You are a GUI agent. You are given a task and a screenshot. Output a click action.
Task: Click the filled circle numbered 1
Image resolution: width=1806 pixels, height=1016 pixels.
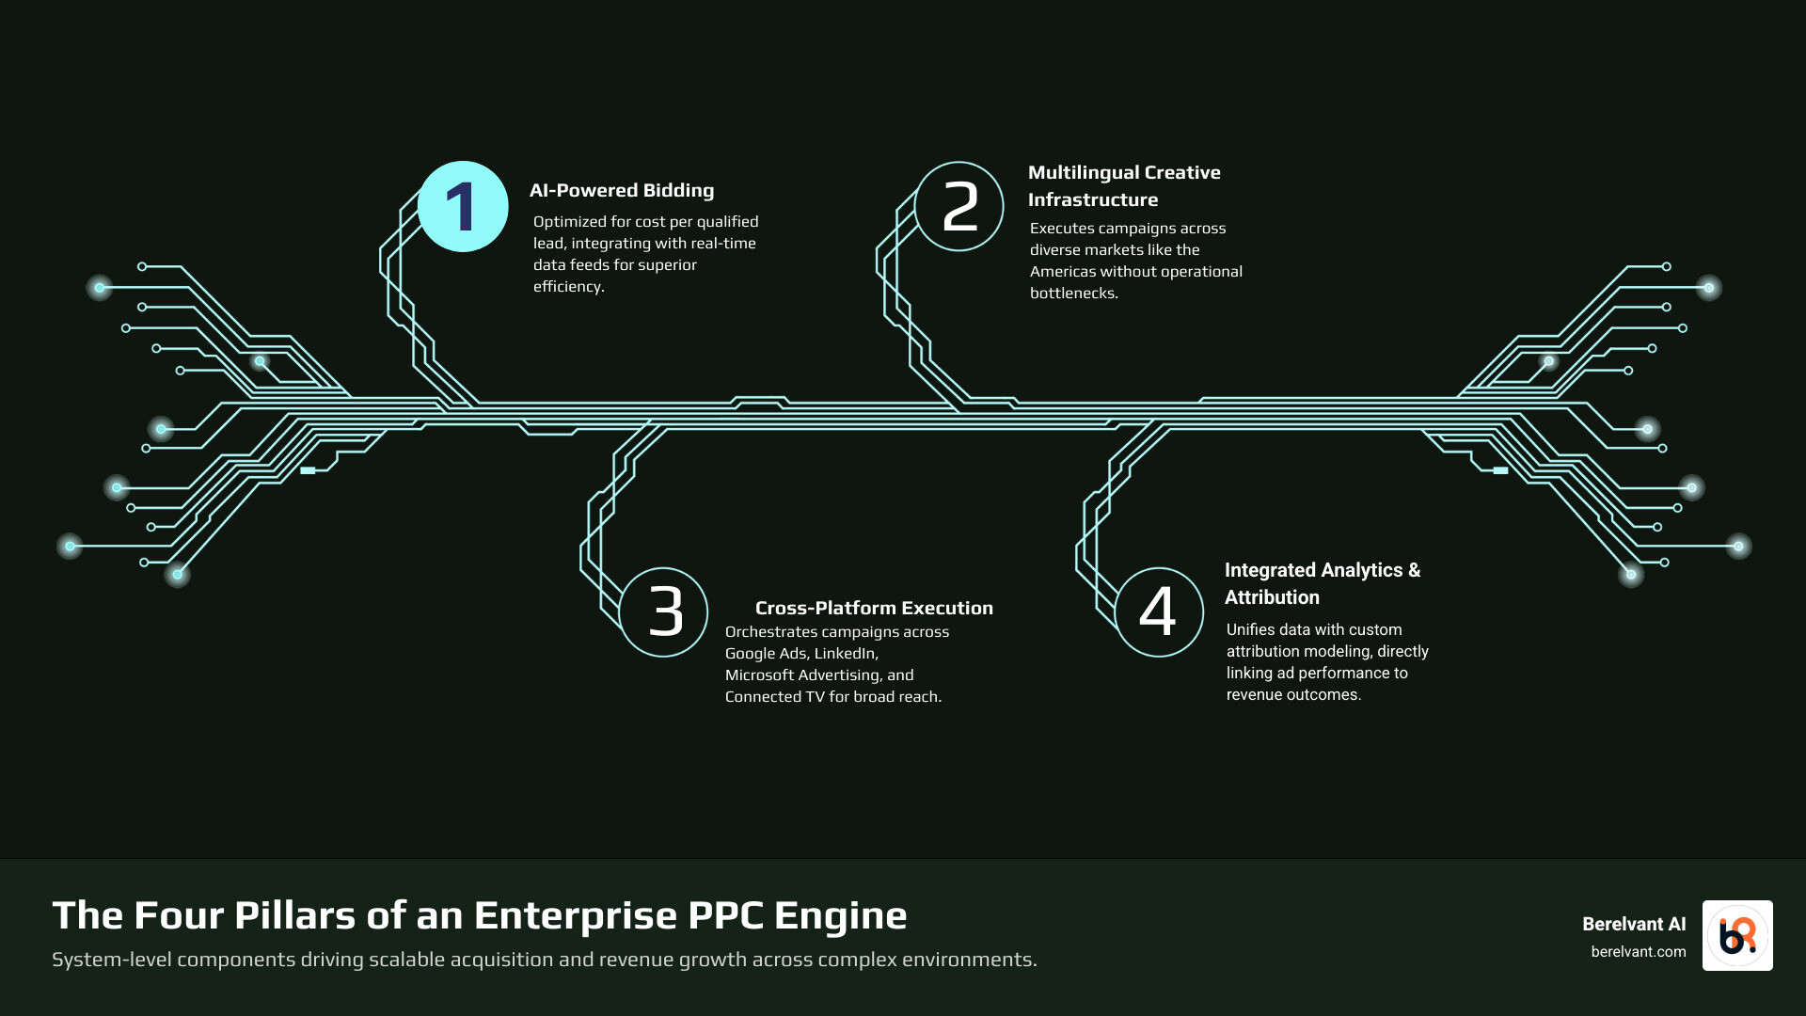point(463,207)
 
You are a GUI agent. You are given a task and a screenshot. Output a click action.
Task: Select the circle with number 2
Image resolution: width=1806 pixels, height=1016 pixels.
point(959,207)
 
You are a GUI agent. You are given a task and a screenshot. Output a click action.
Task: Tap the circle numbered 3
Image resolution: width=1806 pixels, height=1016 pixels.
point(664,612)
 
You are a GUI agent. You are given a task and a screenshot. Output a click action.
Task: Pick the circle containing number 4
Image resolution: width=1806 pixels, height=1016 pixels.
point(1159,612)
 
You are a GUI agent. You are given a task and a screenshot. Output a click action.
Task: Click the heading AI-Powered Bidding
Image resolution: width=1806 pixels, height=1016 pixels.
point(621,191)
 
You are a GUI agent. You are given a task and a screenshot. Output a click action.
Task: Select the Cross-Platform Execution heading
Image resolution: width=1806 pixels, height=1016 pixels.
point(873,609)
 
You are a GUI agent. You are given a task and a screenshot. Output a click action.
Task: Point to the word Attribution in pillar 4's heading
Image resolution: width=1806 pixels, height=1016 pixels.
point(1272,598)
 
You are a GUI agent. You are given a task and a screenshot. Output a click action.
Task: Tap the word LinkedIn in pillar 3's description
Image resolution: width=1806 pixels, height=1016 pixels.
point(845,654)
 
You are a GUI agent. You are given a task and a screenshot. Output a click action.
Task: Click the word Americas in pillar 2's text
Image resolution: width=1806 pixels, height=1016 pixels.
point(1067,272)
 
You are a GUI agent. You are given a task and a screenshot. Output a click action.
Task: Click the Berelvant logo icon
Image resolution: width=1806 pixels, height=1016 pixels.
point(1736,936)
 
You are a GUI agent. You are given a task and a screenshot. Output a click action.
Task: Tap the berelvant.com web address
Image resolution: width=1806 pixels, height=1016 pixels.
point(1638,952)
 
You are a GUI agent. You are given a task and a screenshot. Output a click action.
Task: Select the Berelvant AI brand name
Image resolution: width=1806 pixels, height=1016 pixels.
point(1633,925)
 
